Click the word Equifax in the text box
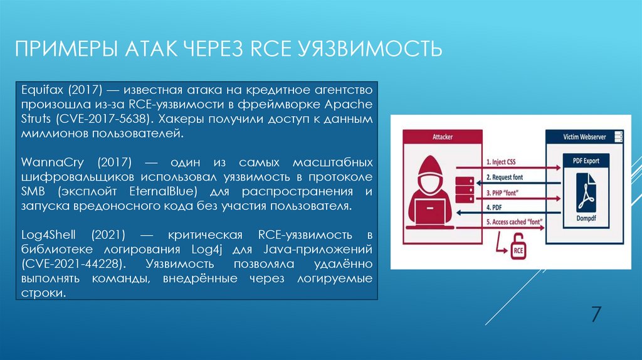pos(38,89)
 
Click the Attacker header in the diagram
pos(443,136)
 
